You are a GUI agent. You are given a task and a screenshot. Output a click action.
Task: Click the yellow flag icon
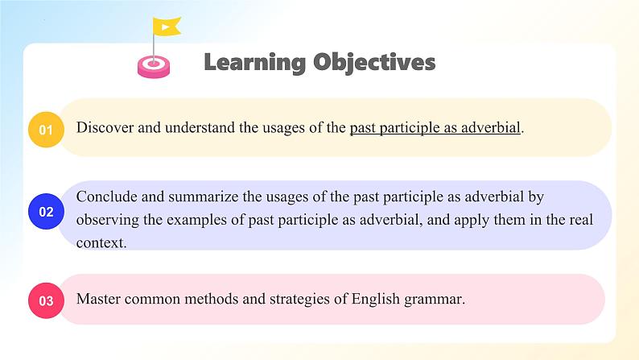(x=167, y=27)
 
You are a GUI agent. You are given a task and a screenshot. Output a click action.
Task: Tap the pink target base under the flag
(x=154, y=67)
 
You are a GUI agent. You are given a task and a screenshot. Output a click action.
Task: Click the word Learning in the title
(x=254, y=63)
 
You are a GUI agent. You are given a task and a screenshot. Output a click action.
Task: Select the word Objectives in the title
(x=374, y=63)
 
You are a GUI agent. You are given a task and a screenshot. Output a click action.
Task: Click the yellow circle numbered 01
(x=46, y=130)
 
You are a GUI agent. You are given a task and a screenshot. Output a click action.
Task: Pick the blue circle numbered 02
(x=46, y=212)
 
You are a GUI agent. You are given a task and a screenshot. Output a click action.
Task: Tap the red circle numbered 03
(x=46, y=300)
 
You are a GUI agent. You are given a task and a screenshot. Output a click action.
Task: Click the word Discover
(x=105, y=127)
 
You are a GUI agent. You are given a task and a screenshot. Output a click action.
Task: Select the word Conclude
(x=107, y=197)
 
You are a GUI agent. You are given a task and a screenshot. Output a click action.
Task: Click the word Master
(x=98, y=299)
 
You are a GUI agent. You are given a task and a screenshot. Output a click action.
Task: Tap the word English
(x=375, y=300)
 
